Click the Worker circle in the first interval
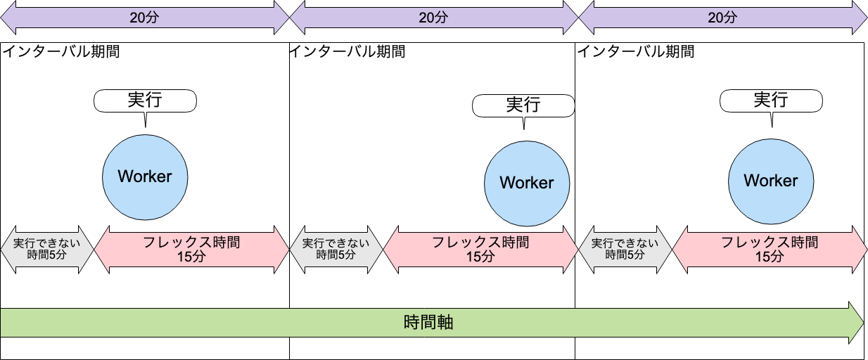click(145, 176)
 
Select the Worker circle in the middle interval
click(527, 182)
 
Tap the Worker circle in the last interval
click(771, 180)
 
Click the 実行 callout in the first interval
click(145, 100)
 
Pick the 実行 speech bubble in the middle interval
click(523, 105)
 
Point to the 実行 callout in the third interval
click(771, 100)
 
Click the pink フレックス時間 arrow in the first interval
click(191, 249)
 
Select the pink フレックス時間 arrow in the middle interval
click(480, 249)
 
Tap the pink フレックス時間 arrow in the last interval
click(770, 249)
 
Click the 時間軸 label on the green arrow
click(428, 323)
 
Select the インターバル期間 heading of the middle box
click(347, 51)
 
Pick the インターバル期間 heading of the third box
click(636, 51)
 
